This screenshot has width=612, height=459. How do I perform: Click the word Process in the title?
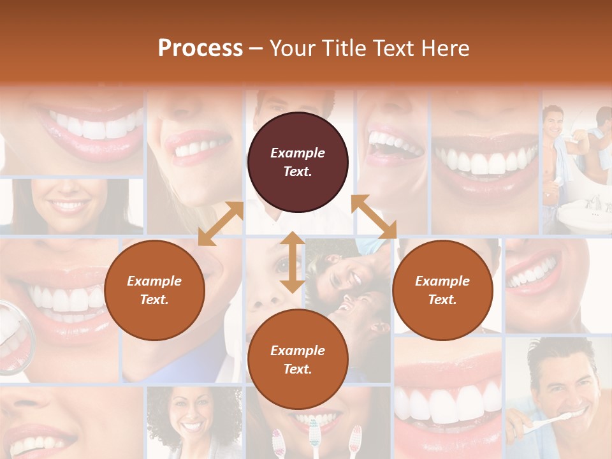pos(200,48)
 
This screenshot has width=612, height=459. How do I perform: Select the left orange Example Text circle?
pos(154,290)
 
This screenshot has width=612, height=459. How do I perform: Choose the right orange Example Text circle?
pos(442,290)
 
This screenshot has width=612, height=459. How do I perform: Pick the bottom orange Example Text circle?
pos(298,359)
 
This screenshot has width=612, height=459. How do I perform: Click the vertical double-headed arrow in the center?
pos(293,262)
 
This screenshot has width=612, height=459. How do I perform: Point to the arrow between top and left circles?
pos(221,224)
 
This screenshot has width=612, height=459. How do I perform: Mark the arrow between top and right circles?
pos(374,217)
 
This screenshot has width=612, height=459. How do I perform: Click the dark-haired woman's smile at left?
pos(69,205)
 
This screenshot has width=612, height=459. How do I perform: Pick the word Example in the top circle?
pos(298,153)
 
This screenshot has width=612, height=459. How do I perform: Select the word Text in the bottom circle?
pos(298,369)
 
